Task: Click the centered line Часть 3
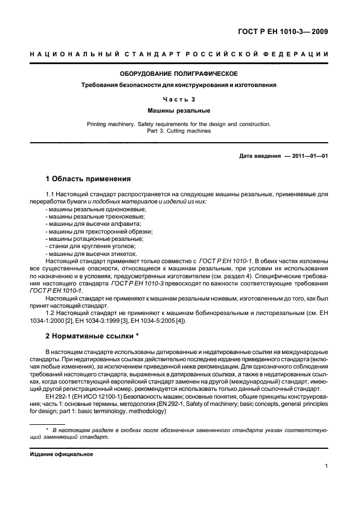[x=179, y=99]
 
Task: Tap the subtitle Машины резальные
[x=179, y=111]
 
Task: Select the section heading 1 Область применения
[x=87, y=179]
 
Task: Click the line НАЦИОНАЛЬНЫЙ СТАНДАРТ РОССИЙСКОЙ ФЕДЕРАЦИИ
[x=179, y=54]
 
